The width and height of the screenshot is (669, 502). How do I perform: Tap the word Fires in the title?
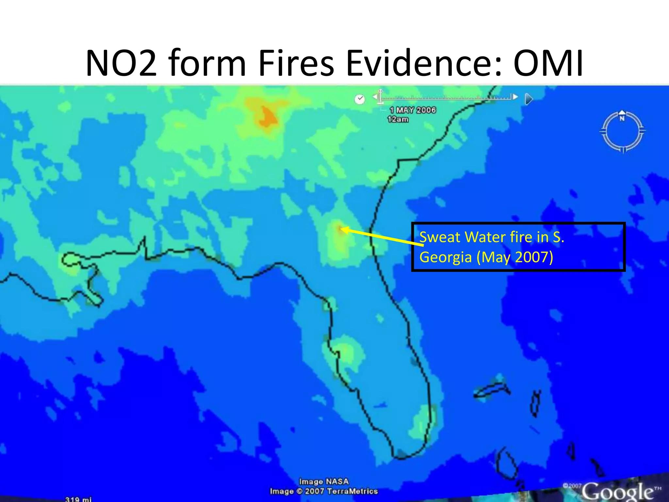click(296, 63)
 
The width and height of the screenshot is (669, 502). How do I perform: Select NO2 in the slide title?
click(121, 63)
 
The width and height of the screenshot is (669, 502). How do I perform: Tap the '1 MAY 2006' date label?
click(413, 110)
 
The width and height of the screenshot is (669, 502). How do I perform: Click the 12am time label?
click(398, 120)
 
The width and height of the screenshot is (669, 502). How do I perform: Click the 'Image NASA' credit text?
click(324, 481)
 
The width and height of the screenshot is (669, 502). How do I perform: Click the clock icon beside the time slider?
click(360, 99)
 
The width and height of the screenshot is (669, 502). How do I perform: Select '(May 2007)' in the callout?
click(514, 257)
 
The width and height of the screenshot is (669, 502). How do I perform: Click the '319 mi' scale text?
click(78, 499)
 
